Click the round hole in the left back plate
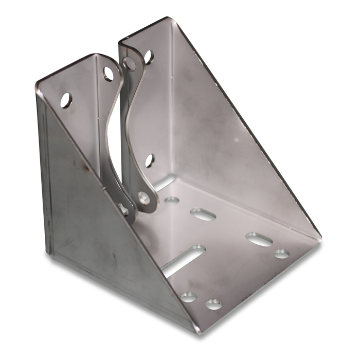pos(66,100)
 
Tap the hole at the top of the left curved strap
pos(109,74)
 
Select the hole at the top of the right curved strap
pos(130,63)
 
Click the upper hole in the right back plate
pos(148,57)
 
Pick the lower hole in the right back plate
pos(149,161)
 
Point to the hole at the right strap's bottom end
pos(142,196)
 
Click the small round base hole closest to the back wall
pos(172,200)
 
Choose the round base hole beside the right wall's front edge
pos(281,254)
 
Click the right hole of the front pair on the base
pos(213,304)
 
